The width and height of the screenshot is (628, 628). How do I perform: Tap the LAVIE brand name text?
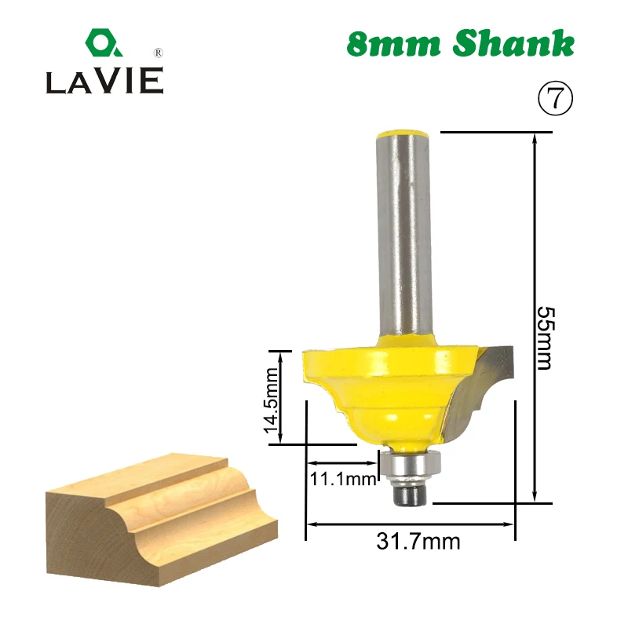(105, 81)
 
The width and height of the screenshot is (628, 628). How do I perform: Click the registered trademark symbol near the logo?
(159, 53)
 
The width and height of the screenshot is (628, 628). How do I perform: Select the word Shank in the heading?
(514, 43)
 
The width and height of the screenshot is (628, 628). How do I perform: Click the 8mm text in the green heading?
(394, 44)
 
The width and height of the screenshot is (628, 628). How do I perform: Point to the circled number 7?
(555, 98)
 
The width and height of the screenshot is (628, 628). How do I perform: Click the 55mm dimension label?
(546, 338)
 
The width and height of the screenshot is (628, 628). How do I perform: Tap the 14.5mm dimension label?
(271, 400)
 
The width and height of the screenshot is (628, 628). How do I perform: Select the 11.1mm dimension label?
(343, 478)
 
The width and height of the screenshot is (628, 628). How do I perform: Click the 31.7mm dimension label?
(418, 542)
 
